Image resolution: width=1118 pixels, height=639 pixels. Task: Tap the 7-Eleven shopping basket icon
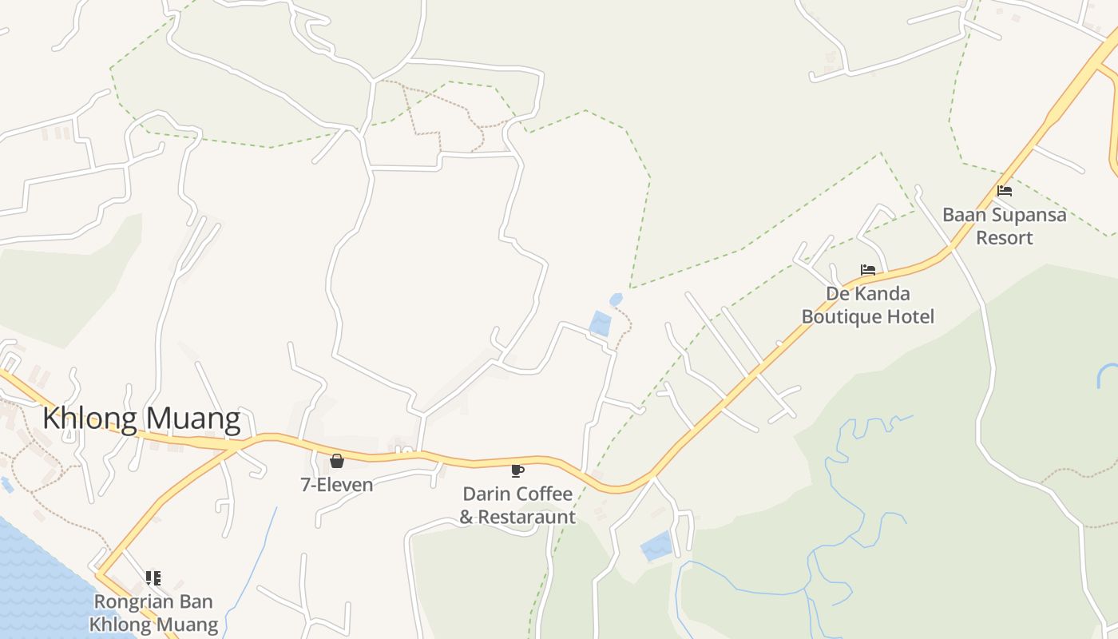[337, 461]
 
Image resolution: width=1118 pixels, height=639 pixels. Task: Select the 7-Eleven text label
[337, 484]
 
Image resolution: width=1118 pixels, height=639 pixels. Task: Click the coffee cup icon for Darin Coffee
[517, 470]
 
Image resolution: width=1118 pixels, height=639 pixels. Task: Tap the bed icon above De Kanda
[868, 270]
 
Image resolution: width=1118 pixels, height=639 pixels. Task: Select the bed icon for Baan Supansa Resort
[1005, 191]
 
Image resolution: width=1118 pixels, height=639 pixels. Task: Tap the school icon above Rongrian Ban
[153, 577]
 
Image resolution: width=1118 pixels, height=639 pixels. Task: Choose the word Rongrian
[131, 601]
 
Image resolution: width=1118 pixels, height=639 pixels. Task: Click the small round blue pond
[616, 300]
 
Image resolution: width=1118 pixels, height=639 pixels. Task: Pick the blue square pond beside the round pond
[601, 323]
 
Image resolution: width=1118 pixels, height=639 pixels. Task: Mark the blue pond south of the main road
[656, 546]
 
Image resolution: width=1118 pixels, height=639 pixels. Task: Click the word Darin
[486, 494]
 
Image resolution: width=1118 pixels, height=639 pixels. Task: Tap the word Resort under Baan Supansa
[1005, 237]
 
